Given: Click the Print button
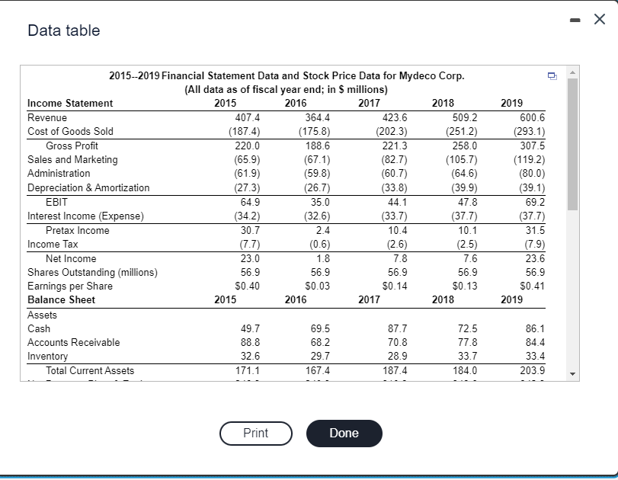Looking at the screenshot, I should (255, 433).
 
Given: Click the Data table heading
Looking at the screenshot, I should (63, 30).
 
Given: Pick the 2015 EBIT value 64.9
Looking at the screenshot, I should (248, 202).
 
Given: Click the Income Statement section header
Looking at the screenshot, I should (70, 103).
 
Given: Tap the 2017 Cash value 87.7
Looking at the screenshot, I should (396, 328).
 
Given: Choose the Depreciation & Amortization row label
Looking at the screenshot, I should (88, 187).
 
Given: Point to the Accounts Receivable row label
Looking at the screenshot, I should (73, 342).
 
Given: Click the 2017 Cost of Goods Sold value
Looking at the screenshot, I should (392, 131).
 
